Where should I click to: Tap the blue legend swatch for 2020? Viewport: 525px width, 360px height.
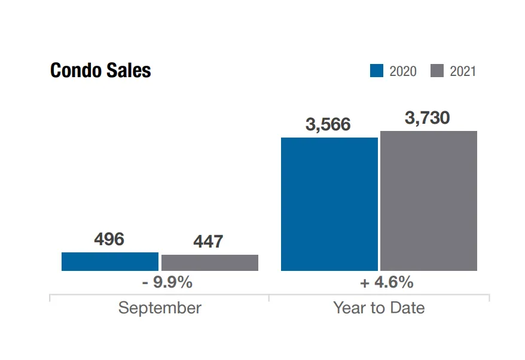point(377,71)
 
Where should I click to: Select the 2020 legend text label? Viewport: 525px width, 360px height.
point(403,71)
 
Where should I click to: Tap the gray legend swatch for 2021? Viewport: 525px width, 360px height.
point(437,71)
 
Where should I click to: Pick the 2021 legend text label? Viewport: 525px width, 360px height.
point(463,71)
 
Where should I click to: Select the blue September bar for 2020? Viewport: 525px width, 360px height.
point(110,261)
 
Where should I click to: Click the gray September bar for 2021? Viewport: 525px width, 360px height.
point(210,263)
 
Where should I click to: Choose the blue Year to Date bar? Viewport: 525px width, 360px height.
point(329,204)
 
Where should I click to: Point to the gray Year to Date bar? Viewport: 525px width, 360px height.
point(429,201)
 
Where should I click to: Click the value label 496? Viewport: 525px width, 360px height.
point(109,239)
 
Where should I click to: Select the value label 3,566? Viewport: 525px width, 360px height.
point(328,124)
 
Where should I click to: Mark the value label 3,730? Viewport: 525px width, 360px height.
point(427,118)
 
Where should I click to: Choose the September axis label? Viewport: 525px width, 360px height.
point(160,308)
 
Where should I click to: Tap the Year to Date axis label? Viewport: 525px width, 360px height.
point(379,308)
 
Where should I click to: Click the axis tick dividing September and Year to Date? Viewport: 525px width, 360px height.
point(269,297)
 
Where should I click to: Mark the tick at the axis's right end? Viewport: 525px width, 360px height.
point(489,297)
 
